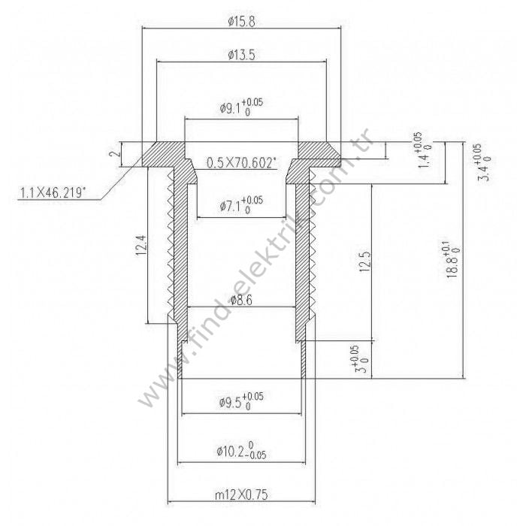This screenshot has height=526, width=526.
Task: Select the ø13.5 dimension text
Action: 240,55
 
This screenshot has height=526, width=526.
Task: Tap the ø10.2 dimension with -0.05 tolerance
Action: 241,450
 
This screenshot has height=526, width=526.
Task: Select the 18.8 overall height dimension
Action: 452,259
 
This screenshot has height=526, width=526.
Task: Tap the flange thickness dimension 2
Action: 113,153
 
